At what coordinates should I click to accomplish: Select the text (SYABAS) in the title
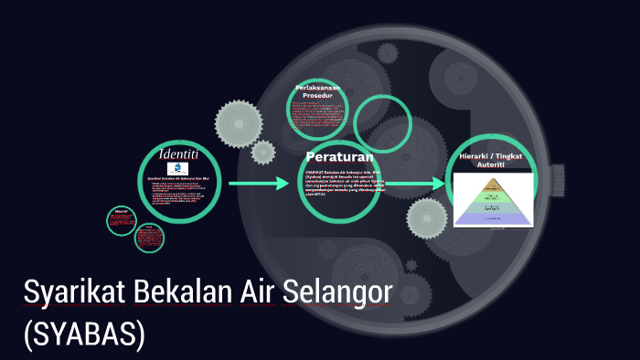point(84,334)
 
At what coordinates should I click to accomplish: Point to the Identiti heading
point(178,153)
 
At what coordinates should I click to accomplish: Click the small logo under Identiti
point(178,169)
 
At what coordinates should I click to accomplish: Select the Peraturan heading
point(340,155)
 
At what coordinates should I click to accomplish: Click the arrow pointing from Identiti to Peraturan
point(258,184)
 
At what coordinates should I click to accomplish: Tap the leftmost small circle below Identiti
point(121,220)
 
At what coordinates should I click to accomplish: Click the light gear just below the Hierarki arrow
point(426,219)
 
